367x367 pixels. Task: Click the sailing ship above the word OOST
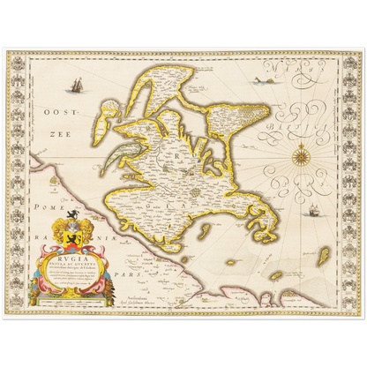click(78, 86)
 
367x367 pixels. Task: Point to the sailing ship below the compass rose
click(314, 213)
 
